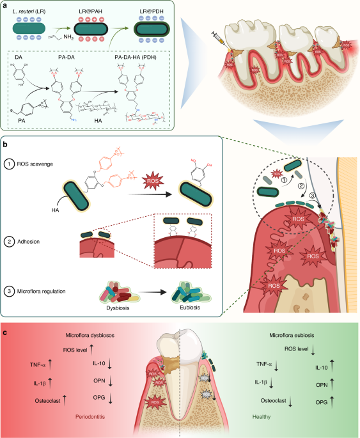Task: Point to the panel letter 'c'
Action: pyautogui.click(x=4, y=331)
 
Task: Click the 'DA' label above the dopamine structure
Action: pyautogui.click(x=19, y=58)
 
